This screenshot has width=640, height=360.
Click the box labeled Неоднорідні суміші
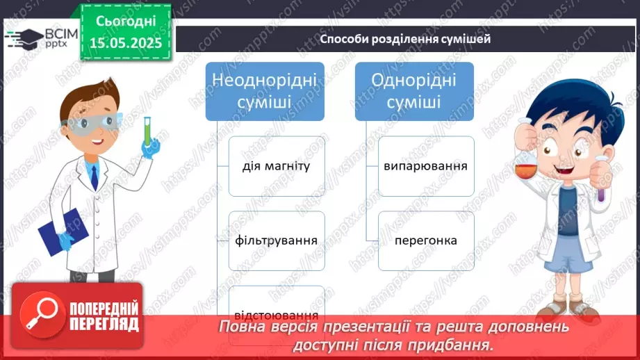point(265,91)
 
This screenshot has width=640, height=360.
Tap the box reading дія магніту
point(277,166)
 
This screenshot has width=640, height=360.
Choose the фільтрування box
point(277,240)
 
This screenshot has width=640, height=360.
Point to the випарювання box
point(426,166)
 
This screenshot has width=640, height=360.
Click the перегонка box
point(426,240)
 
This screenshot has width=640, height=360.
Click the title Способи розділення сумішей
point(405,39)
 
